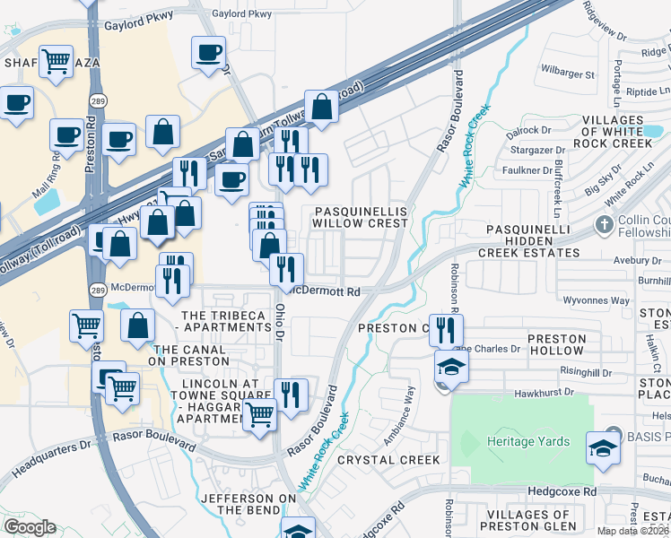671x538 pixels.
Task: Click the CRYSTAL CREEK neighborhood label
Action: (x=389, y=460)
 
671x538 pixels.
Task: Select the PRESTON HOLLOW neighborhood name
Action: (x=557, y=345)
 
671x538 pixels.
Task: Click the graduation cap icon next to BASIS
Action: (x=603, y=446)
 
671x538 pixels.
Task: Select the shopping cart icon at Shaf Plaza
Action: (x=57, y=61)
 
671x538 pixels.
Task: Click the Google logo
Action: (x=30, y=526)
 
